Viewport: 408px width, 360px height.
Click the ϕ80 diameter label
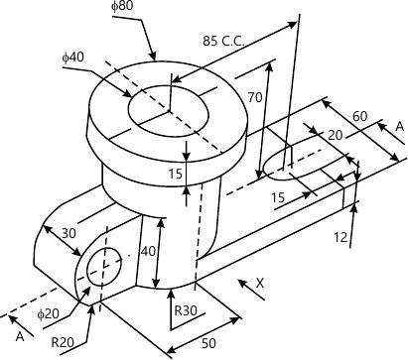122,7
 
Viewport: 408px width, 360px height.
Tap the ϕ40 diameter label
73,58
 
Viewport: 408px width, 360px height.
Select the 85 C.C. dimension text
223,41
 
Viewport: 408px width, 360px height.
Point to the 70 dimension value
255,97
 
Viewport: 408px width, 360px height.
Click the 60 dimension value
360,116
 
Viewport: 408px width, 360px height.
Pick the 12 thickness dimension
340,237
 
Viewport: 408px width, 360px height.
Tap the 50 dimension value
208,343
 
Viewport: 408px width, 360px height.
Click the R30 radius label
186,310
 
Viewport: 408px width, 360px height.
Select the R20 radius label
63,342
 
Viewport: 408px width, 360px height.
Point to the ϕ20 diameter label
48,313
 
